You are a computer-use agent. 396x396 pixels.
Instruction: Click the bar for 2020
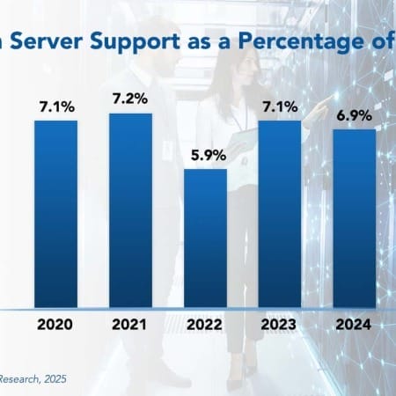pyautogui.click(x=56, y=214)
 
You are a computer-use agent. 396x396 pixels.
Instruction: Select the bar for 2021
pyautogui.click(x=130, y=211)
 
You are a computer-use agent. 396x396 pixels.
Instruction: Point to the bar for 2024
pyautogui.click(x=354, y=218)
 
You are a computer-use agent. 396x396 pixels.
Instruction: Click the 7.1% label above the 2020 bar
pyautogui.click(x=56, y=107)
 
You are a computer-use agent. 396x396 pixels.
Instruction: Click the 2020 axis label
pyautogui.click(x=56, y=325)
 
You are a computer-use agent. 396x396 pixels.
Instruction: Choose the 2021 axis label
pyautogui.click(x=130, y=325)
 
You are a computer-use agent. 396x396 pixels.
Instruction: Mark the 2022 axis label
pyautogui.click(x=205, y=325)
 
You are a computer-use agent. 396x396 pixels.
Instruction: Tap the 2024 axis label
pyautogui.click(x=354, y=325)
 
